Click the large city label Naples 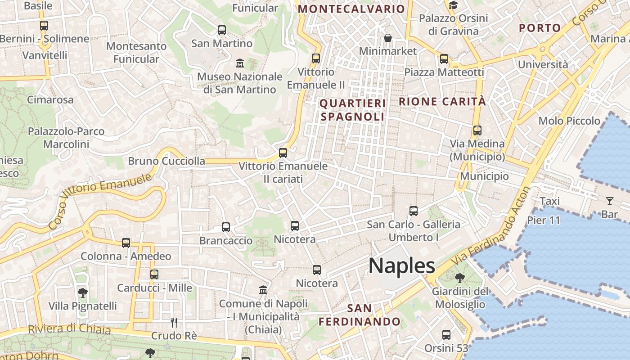coord(402,266)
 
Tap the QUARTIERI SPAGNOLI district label coord(353,110)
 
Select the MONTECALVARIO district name coord(351,9)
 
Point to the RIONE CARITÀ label coord(442,102)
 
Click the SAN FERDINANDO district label coord(360,315)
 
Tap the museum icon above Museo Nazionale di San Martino coord(239,63)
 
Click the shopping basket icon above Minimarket coord(387,38)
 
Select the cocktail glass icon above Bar coord(610,201)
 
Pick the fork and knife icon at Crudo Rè coord(174,322)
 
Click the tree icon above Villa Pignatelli coord(82,293)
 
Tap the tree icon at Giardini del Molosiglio coord(459,278)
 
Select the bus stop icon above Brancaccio coord(226,227)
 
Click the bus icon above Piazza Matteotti coord(444,58)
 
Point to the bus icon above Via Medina coord(477,130)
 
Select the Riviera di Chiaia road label coord(69,329)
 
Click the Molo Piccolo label coord(569,121)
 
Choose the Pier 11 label coord(544,220)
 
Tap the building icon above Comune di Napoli coord(263,290)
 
